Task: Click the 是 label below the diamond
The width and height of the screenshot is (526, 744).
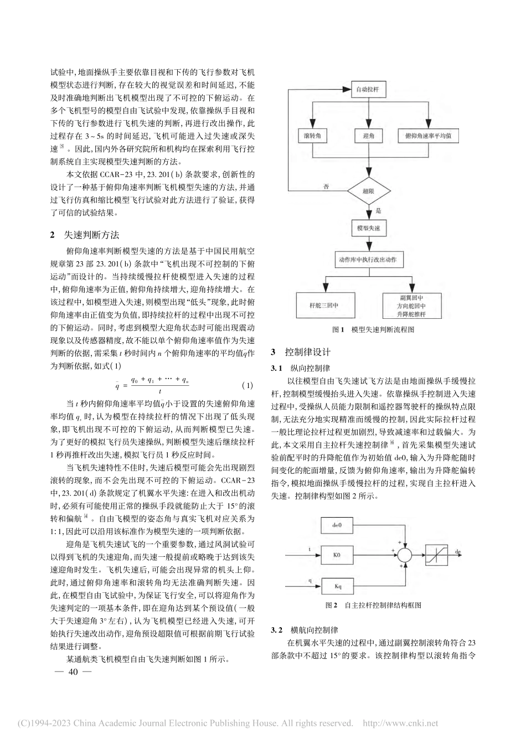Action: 378,210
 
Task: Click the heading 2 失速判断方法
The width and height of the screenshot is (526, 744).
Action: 85,235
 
